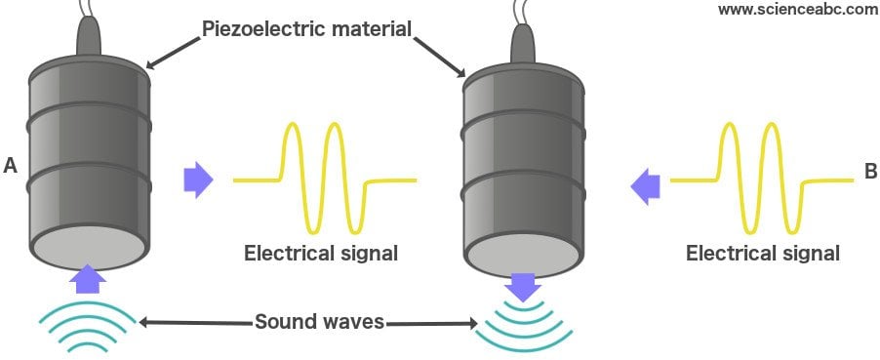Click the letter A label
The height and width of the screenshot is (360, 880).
tap(11, 167)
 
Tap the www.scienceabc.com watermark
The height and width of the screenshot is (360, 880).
tap(797, 10)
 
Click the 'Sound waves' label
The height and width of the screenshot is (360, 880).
tap(319, 321)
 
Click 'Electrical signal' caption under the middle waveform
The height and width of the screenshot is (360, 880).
tap(321, 255)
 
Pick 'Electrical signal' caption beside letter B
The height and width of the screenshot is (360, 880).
tap(763, 254)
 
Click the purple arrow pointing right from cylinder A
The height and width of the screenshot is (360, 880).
tap(198, 180)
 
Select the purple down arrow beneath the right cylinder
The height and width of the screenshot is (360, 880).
tap(524, 287)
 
